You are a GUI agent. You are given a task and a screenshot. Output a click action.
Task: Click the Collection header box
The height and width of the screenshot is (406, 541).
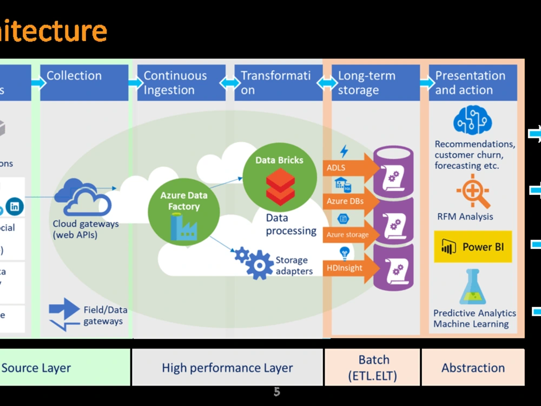(84, 82)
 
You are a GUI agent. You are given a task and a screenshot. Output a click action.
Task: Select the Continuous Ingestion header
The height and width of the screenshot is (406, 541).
(181, 82)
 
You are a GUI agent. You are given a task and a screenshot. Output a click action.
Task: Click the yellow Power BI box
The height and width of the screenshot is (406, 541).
(472, 247)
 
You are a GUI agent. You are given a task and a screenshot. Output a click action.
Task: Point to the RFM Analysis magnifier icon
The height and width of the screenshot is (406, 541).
(473, 191)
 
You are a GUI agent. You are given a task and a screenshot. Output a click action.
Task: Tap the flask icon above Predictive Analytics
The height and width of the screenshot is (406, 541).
(472, 287)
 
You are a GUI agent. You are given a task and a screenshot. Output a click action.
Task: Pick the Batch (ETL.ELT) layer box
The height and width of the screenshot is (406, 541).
(373, 367)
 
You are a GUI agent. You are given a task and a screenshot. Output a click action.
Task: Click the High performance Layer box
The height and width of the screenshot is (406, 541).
(227, 367)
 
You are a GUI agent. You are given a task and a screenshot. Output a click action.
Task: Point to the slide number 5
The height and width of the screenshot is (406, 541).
(276, 391)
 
